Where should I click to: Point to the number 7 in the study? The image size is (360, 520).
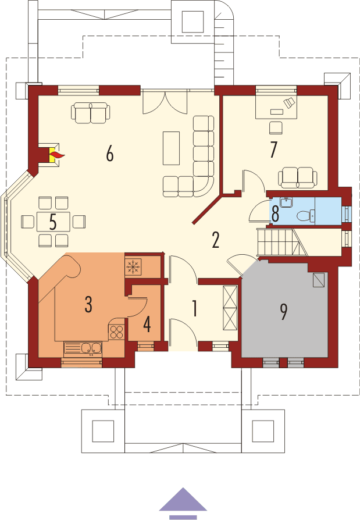pyautogui.click(x=273, y=149)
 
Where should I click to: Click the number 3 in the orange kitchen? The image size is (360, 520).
pyautogui.click(x=88, y=304)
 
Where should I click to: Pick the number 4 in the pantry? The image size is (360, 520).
pyautogui.click(x=147, y=324)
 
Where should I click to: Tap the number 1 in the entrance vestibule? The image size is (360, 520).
pyautogui.click(x=194, y=309)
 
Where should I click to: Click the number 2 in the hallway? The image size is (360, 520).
pyautogui.click(x=216, y=240)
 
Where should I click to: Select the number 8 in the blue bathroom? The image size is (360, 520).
pyautogui.click(x=275, y=213)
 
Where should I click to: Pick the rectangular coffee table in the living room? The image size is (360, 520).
pyautogui.click(x=172, y=149)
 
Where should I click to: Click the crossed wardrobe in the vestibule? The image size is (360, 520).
pyautogui.click(x=230, y=308)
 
